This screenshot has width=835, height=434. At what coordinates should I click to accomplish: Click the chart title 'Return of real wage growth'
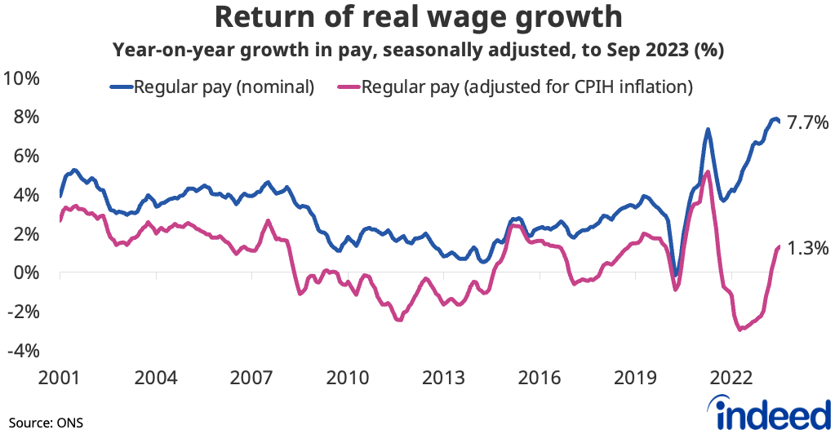pyautogui.click(x=418, y=18)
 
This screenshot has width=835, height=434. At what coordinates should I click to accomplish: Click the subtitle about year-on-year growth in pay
pyautogui.click(x=418, y=50)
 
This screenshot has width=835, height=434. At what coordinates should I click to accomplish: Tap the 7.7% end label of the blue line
pyautogui.click(x=809, y=123)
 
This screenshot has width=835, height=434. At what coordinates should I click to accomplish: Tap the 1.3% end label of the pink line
pyautogui.click(x=809, y=248)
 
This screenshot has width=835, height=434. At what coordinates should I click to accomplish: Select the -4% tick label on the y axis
pyautogui.click(x=24, y=351)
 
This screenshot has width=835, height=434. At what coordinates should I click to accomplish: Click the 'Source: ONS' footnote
pyautogui.click(x=47, y=423)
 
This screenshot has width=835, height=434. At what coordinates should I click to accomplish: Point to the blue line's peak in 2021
pyautogui.click(x=707, y=129)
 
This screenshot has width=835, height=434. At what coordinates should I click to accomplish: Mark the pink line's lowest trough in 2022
pyautogui.click(x=740, y=330)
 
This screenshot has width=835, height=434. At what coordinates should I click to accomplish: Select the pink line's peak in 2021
pyautogui.click(x=707, y=172)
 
